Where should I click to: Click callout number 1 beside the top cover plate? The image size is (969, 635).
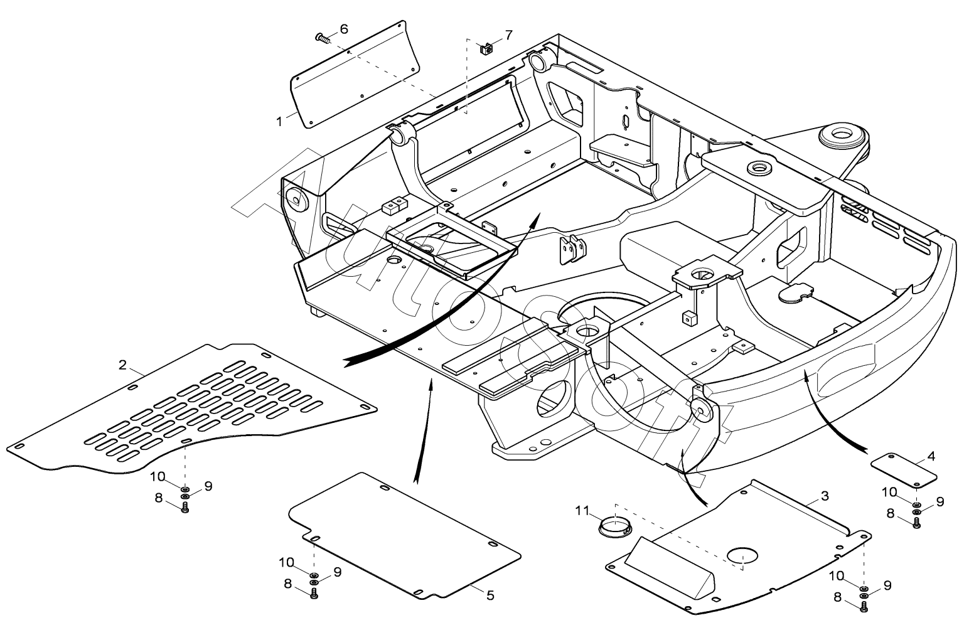click(x=279, y=122)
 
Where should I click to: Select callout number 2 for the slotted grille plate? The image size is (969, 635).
click(x=123, y=365)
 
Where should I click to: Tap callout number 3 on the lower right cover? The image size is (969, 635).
click(x=825, y=496)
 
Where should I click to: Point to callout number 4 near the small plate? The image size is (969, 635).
click(x=931, y=456)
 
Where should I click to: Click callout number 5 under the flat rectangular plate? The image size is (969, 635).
click(x=490, y=595)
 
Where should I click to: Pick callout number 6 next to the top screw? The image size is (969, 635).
click(x=344, y=29)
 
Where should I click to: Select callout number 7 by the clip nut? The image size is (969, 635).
click(x=509, y=35)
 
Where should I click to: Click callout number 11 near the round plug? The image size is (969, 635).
click(x=582, y=511)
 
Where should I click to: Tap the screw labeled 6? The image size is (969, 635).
click(x=323, y=38)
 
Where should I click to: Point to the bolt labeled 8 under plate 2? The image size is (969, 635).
click(x=185, y=508)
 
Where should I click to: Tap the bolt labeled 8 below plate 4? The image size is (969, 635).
click(x=916, y=523)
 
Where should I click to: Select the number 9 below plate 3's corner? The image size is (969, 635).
click(x=887, y=585)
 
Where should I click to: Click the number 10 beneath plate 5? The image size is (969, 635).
click(x=286, y=563)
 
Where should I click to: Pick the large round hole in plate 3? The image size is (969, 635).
click(x=742, y=556)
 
